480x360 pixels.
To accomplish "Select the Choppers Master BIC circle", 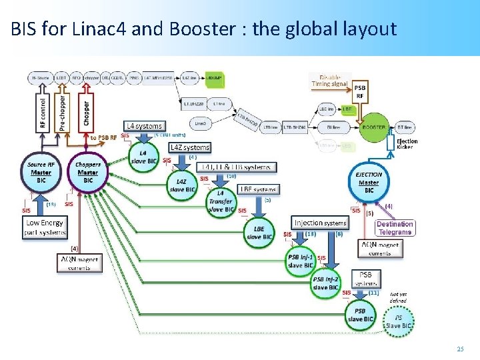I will (87, 173).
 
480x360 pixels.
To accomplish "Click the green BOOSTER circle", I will (373, 127).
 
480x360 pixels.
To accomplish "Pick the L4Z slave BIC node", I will (181, 185).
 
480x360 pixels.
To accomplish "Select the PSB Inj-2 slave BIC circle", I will (326, 283).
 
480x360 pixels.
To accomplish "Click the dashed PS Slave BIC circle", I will (399, 321).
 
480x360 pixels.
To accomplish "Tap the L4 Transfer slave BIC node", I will (221, 202).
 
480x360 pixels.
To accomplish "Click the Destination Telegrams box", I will (395, 228).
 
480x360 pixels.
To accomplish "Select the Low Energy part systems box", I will (45, 227).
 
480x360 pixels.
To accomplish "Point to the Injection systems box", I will (321, 223).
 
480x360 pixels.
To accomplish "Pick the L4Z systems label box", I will (189, 147).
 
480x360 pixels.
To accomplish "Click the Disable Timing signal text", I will (331, 80).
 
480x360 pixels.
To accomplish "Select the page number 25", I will (459, 348).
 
